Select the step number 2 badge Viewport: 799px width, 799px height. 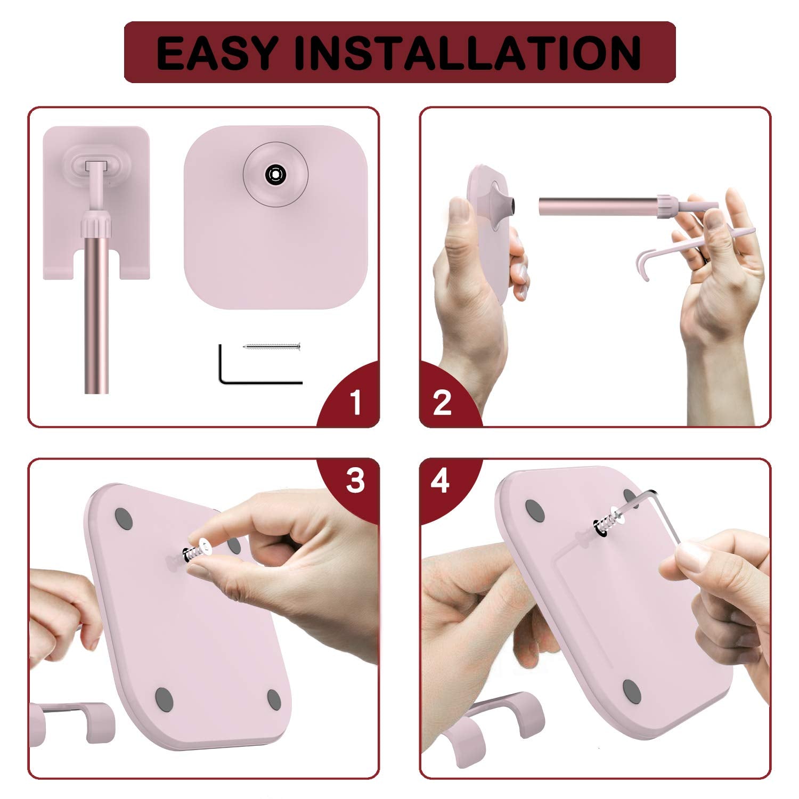pos(443,402)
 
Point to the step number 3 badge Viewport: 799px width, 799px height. pos(355,481)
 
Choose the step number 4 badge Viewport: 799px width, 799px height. pos(441,482)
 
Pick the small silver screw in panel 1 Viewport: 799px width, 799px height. pos(272,347)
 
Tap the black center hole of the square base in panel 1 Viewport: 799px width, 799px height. pos(275,174)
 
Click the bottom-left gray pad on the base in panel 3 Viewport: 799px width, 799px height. pos(164,696)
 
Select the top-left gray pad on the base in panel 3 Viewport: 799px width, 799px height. pos(124,518)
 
